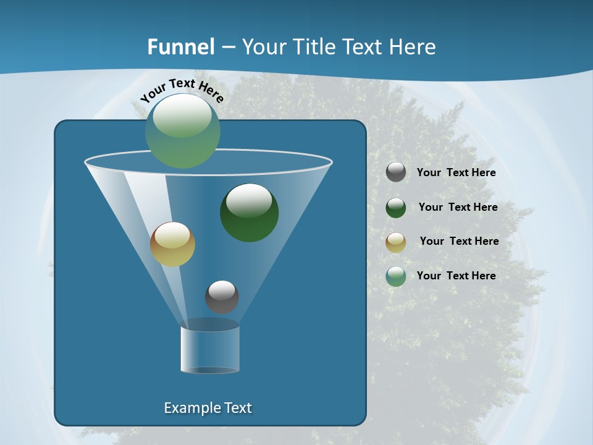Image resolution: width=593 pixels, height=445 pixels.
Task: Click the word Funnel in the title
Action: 181,47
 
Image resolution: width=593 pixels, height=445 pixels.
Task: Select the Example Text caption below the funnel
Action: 208,408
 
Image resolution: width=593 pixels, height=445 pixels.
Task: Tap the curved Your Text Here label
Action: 182,90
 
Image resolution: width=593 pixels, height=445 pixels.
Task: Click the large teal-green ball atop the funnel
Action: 183,131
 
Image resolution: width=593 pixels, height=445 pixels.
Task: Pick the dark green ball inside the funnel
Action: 250,213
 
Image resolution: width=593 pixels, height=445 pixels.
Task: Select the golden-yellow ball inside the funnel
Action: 172,244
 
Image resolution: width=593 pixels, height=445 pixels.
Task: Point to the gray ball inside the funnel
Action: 222,297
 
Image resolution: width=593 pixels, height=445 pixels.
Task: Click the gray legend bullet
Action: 396,172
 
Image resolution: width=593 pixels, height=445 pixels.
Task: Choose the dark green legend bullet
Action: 396,207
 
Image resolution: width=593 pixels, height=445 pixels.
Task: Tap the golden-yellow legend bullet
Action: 396,242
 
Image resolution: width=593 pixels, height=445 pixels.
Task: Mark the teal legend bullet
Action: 396,276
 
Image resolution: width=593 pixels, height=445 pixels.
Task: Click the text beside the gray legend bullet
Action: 456,172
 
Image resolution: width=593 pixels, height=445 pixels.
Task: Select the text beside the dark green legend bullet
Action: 458,207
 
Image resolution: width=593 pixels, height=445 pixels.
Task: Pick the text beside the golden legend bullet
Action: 459,241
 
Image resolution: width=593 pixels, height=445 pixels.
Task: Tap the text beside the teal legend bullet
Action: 456,276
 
